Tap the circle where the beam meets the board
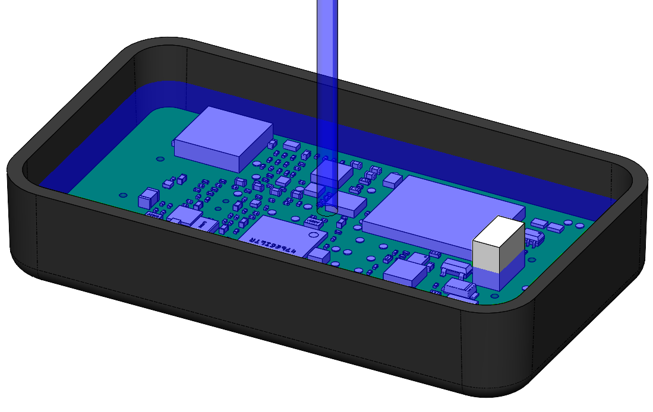coord(329,210)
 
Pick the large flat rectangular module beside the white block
coord(443,208)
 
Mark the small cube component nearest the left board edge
coord(149,197)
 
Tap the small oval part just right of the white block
coord(534,237)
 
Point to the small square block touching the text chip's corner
coord(319,255)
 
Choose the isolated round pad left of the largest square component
coord(160,159)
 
